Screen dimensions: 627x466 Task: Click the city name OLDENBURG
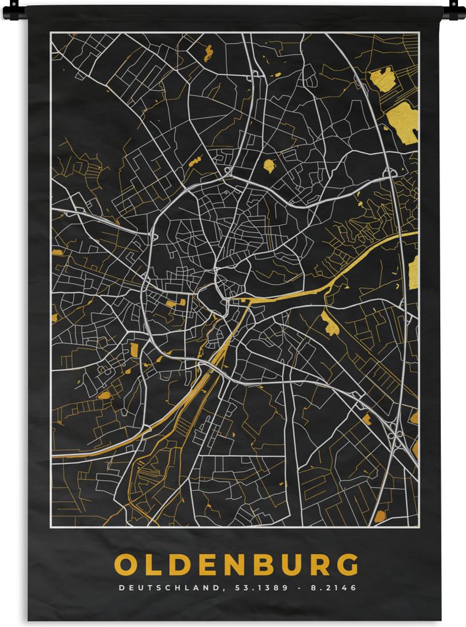pyautogui.click(x=236, y=565)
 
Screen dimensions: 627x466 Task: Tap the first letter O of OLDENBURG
pyautogui.click(x=126, y=565)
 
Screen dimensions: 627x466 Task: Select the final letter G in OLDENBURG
pyautogui.click(x=347, y=565)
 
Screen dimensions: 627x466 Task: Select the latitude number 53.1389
pyautogui.click(x=251, y=588)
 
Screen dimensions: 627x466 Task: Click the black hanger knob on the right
pyautogui.click(x=454, y=10)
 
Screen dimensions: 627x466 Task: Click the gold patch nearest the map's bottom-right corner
pyautogui.click(x=380, y=516)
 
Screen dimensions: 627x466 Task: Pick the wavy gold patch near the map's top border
pyautogui.click(x=208, y=53)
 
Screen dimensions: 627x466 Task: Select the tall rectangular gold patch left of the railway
pyautogui.click(x=134, y=350)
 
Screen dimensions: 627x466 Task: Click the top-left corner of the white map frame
pyautogui.click(x=51, y=33)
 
